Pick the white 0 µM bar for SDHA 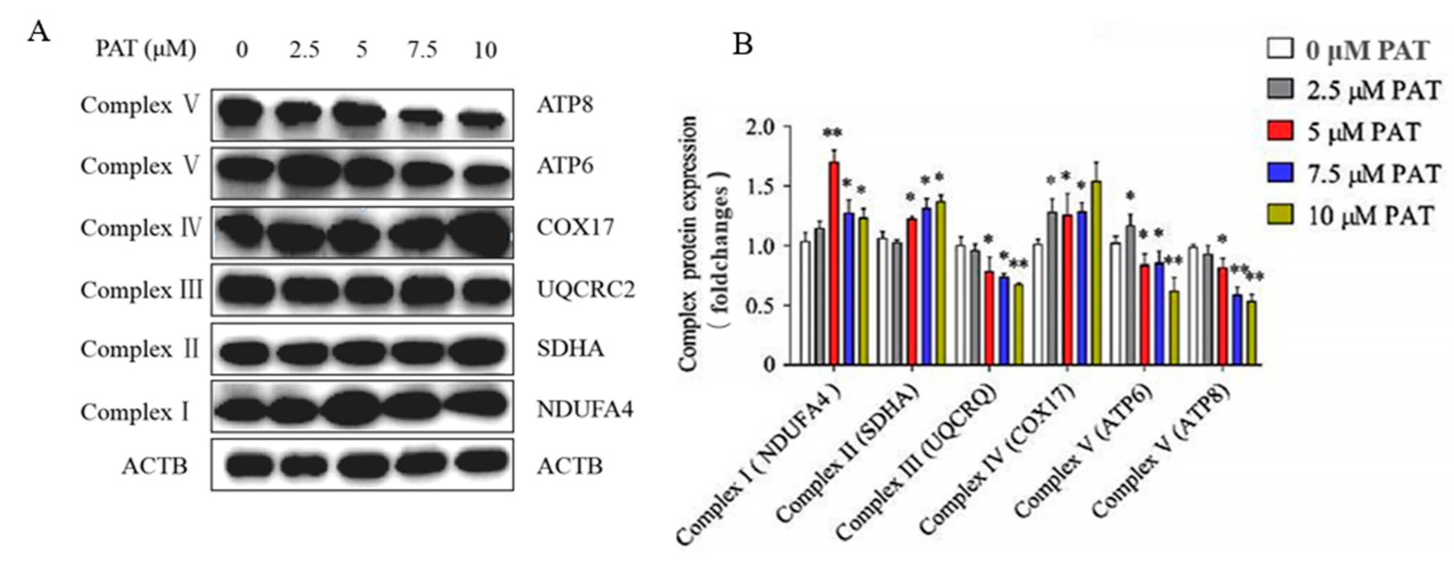click(882, 302)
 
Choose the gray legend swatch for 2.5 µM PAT click(1280, 89)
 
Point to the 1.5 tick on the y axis click(783, 186)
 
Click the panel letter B click(743, 43)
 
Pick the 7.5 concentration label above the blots click(422, 51)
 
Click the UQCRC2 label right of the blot click(585, 290)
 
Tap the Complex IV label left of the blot click(140, 228)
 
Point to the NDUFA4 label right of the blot click(584, 409)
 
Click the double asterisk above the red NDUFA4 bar click(833, 133)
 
